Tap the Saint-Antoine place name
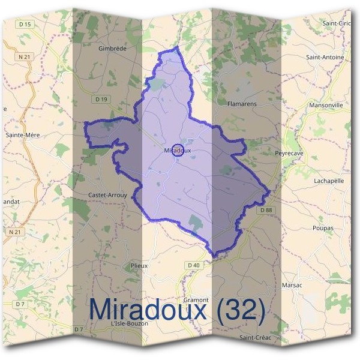point(325,58)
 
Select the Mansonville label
point(326,105)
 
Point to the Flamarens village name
point(242,104)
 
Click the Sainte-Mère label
point(23,135)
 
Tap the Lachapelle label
point(329,181)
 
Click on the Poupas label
point(323,228)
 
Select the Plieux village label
point(139,265)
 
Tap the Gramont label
point(196,299)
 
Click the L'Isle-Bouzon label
point(130,323)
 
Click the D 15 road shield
point(26,24)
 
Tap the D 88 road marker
point(266,209)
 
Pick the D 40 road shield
point(193,265)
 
